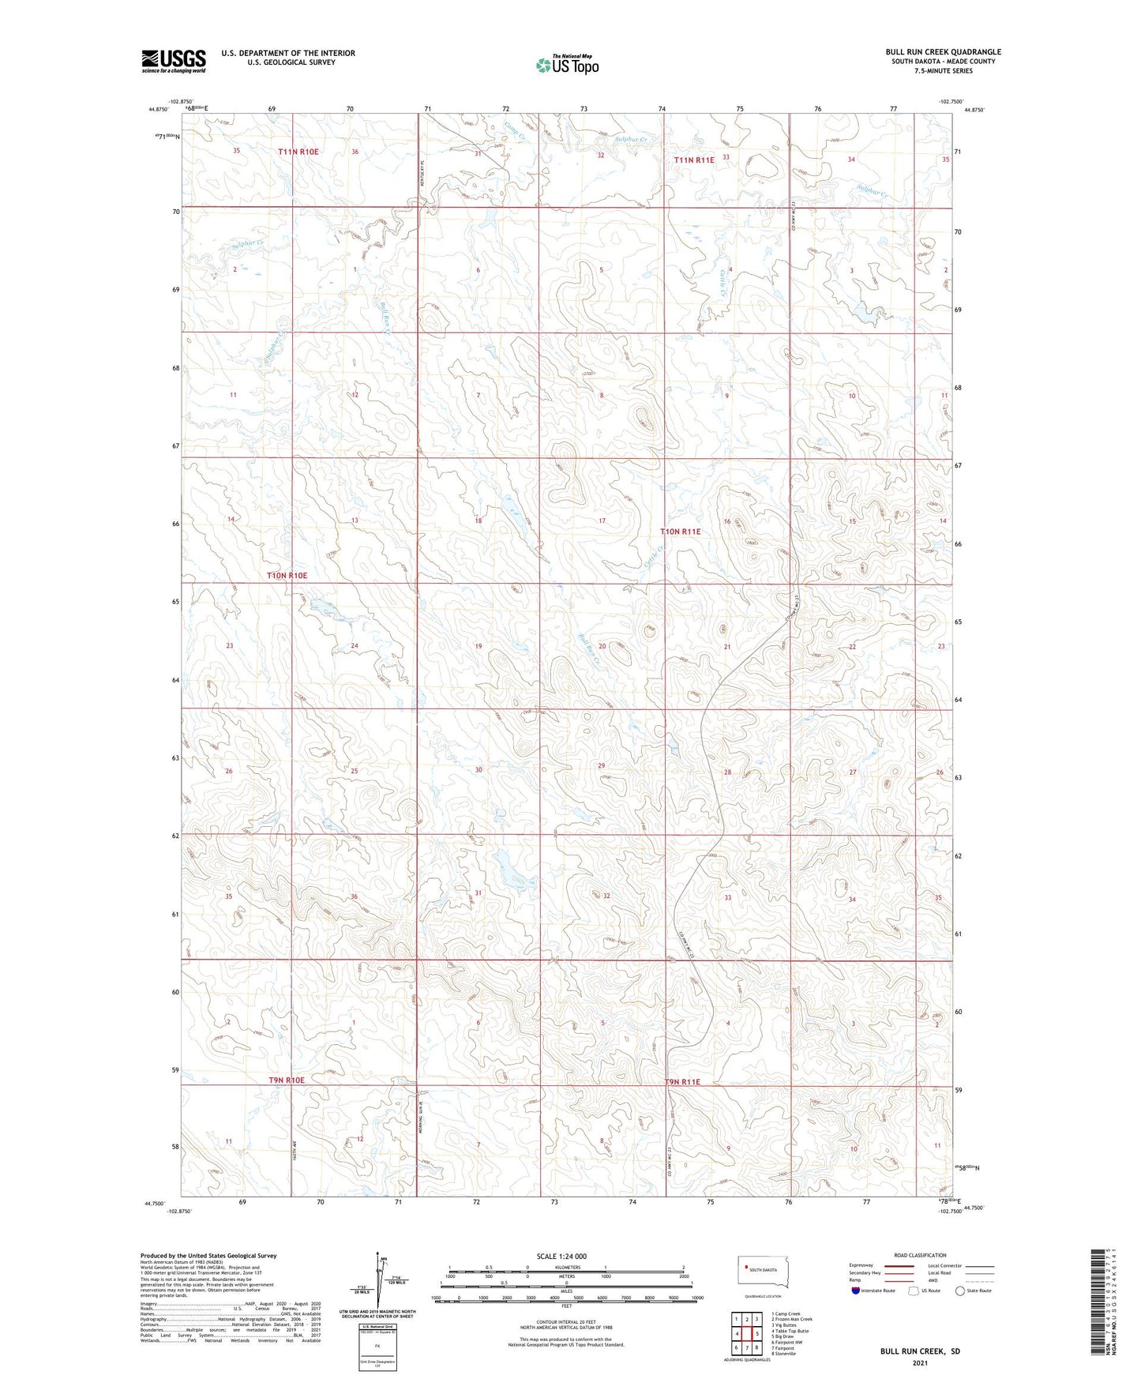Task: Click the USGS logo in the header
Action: [x=173, y=61]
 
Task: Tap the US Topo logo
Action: [x=566, y=65]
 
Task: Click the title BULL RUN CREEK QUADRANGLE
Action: [x=943, y=52]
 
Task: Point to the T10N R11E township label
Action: [x=680, y=532]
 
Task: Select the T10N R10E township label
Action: [x=287, y=576]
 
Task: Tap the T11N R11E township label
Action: [x=693, y=160]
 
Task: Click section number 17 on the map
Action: [x=602, y=521]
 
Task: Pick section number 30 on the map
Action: [x=478, y=770]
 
